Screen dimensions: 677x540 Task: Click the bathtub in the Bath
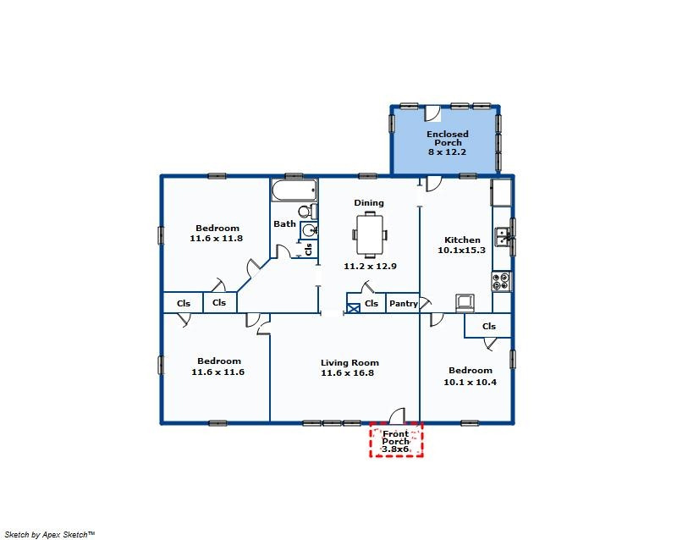(294, 190)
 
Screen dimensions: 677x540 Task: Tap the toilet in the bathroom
(307, 212)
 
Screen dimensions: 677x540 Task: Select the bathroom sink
(309, 230)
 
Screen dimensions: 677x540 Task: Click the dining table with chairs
(370, 234)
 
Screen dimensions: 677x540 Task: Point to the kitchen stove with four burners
(502, 281)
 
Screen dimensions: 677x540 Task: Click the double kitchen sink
(502, 236)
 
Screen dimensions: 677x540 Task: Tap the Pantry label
(404, 303)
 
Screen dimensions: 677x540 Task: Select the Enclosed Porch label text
(448, 138)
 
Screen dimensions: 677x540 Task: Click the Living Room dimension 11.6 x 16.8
(348, 372)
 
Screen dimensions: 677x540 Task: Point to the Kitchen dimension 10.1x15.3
(461, 251)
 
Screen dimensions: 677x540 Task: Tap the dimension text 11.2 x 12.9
(370, 266)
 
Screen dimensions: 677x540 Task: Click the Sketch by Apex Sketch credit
(50, 534)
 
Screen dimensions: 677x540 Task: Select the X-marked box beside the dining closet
(354, 308)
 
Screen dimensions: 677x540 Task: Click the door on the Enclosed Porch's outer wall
(432, 113)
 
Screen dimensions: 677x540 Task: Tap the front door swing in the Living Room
(398, 416)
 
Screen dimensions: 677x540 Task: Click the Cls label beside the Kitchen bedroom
(489, 326)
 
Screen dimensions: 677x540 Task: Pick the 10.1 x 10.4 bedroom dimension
(471, 382)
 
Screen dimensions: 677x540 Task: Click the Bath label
(284, 223)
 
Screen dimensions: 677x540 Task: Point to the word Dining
(369, 203)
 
